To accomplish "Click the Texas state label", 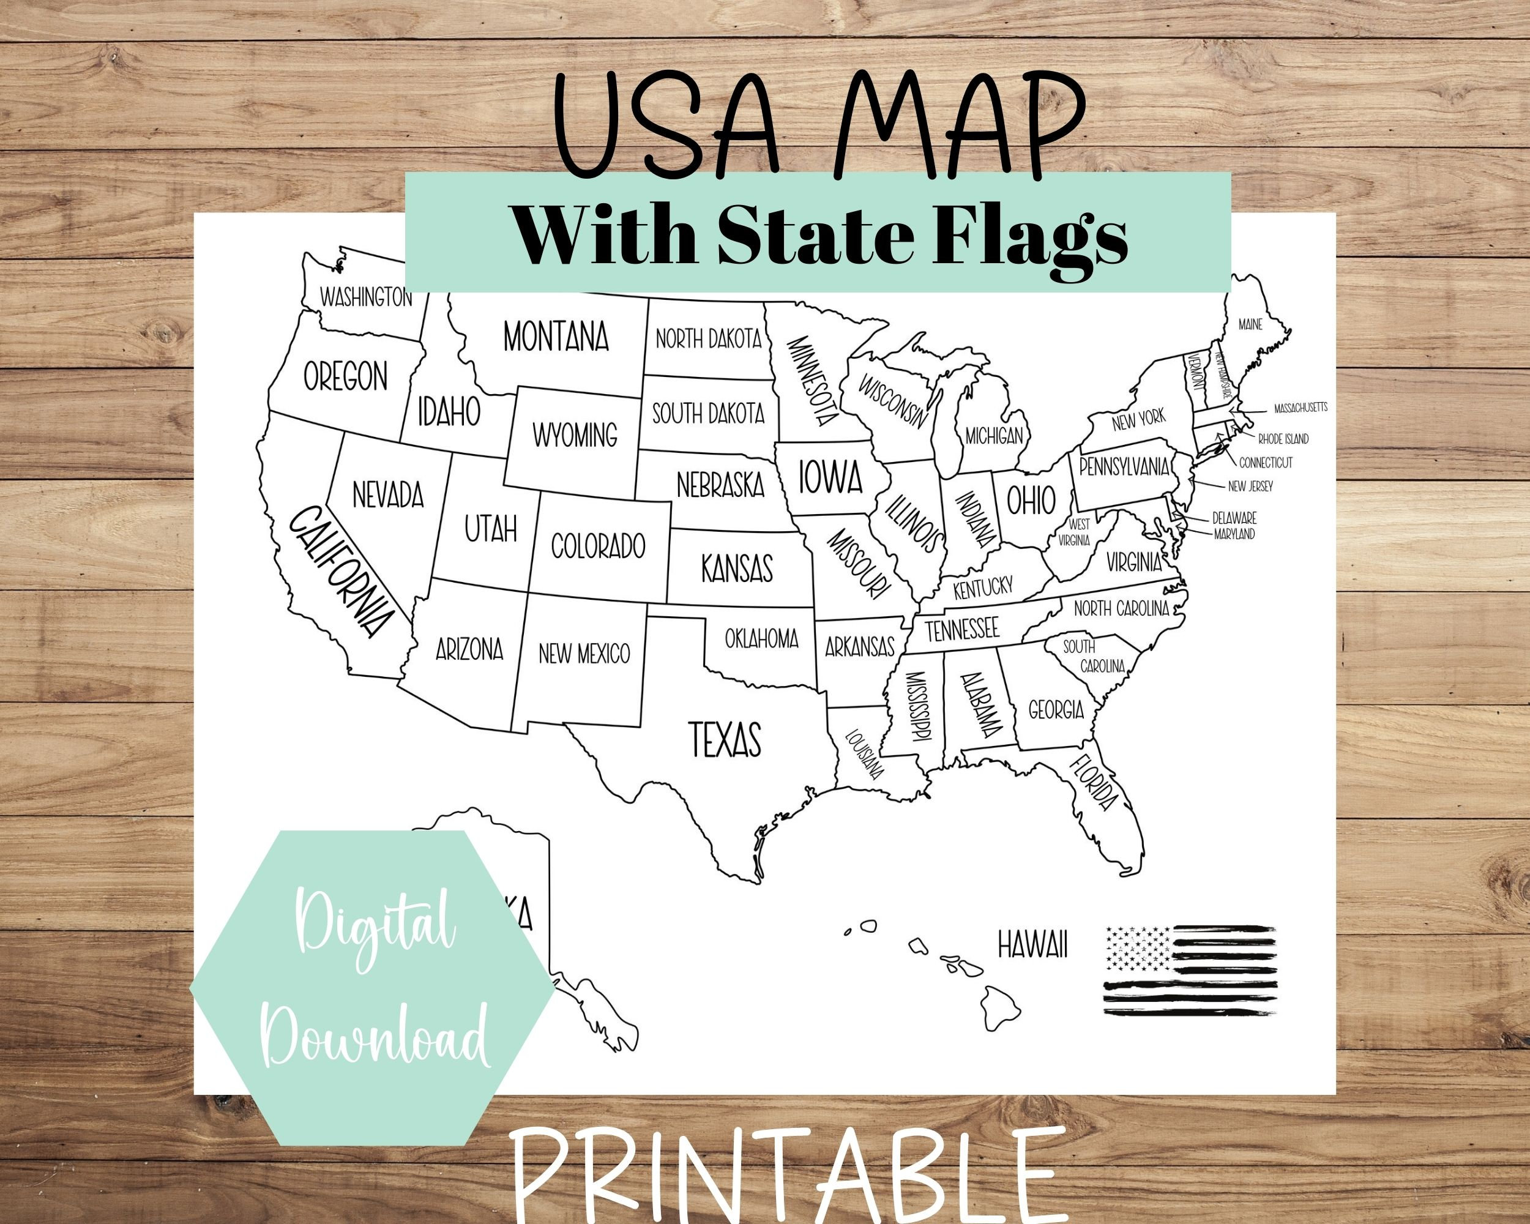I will coord(725,739).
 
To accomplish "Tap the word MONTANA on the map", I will coord(556,337).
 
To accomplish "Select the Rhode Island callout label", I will coord(1283,439).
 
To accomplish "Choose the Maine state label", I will coord(1250,325).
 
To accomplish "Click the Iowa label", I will coord(830,477).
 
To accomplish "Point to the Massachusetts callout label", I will coord(1300,408).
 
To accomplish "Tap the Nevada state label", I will coord(387,494).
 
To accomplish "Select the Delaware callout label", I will coord(1234,518).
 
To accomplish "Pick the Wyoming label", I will coord(575,435).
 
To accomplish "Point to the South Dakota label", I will coord(708,413).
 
